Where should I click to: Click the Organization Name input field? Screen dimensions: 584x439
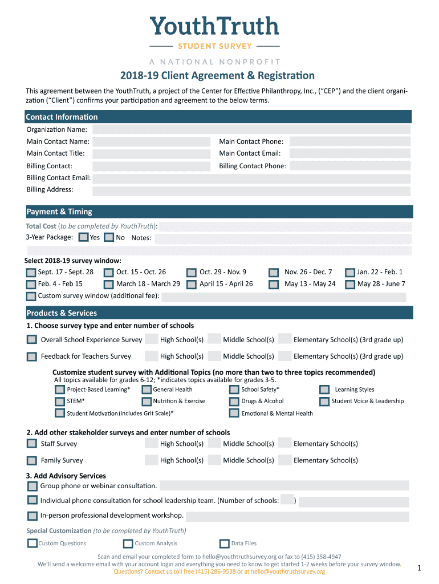251,129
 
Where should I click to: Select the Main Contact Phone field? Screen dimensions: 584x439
349,141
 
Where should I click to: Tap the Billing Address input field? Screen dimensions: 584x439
251,190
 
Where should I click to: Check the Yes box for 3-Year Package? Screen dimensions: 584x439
84,237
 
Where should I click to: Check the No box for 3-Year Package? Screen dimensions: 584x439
109,237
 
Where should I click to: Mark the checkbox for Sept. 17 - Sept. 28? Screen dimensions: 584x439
31,272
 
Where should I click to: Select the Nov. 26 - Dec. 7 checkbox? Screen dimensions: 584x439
274,272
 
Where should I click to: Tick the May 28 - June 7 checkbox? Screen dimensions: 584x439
349,284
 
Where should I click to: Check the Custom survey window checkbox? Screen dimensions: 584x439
31,296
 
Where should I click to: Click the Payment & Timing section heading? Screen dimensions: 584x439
59,212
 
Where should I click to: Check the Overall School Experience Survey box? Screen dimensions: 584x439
32,339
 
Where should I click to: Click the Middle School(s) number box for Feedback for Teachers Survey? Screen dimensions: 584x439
214,356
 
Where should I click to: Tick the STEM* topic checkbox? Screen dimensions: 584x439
60,401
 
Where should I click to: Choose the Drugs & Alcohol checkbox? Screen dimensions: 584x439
234,401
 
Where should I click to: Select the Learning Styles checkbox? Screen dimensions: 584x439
324,390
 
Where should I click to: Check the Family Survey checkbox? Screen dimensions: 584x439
32,460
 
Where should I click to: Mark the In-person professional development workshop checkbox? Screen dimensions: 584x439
32,516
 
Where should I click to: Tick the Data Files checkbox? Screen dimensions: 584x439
224,544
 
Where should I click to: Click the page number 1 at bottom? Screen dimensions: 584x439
418,567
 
